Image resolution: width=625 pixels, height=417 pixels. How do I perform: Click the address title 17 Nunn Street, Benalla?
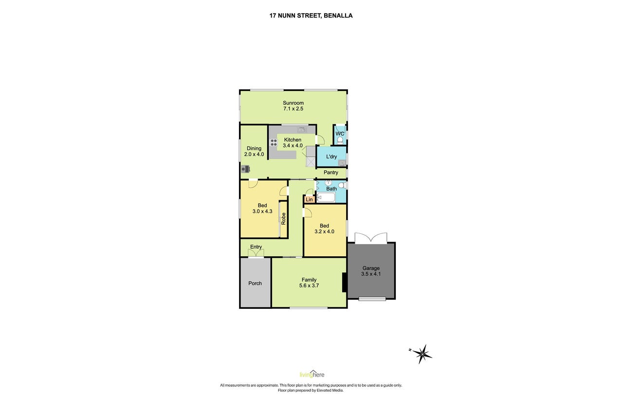[311, 16]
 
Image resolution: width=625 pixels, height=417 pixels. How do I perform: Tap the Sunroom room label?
[293, 103]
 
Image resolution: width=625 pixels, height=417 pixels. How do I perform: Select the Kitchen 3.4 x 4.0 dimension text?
[293, 146]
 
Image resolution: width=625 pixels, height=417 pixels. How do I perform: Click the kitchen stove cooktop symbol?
[274, 143]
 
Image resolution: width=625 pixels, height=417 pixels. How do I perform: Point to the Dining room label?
[254, 148]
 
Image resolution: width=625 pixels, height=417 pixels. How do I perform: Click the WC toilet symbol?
[340, 140]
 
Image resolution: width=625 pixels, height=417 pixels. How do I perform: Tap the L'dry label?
[331, 157]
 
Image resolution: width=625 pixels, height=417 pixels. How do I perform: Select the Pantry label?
[331, 172]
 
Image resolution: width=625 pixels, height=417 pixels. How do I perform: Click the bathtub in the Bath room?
[326, 198]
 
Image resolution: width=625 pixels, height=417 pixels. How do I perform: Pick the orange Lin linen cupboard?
[309, 199]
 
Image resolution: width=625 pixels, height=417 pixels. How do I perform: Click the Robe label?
[283, 219]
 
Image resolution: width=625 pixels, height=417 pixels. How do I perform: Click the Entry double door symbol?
[256, 253]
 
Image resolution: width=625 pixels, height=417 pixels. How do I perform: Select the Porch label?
[255, 283]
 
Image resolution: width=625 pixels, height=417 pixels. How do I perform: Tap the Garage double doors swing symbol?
[371, 238]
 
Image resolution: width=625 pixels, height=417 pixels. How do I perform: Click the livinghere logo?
[312, 374]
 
